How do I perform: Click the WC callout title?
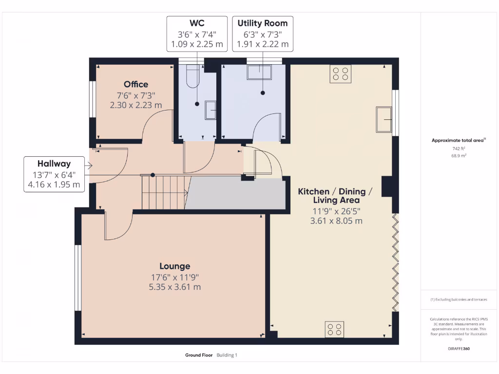pos(197,23)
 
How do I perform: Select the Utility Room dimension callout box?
pos(262,34)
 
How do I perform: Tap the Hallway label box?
pos(54,174)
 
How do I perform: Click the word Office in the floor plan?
pos(136,84)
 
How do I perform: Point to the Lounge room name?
pos(175,266)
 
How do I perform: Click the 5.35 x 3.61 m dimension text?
pos(175,287)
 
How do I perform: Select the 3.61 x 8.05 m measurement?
pos(336,221)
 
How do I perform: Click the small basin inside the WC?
pos(211,110)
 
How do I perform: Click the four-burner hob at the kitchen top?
pos(340,74)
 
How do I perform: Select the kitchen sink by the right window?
pos(384,119)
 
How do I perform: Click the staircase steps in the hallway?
pos(163,192)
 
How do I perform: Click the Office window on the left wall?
pos(91,99)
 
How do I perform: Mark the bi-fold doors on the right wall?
pos(396,263)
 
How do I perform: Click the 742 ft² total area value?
pos(458,149)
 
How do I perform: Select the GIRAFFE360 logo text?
pos(458,349)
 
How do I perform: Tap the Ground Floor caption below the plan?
pos(199,355)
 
